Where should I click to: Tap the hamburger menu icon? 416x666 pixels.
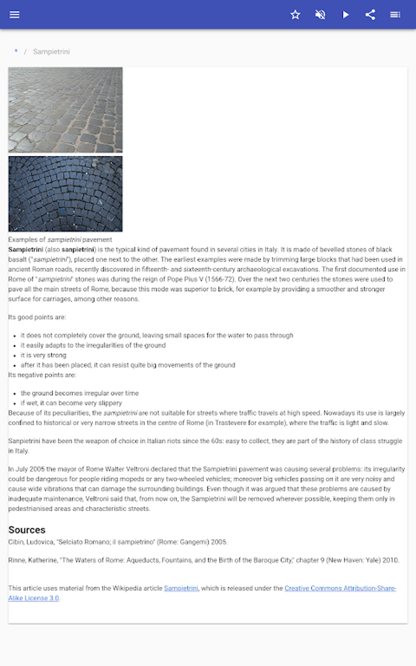pyautogui.click(x=15, y=15)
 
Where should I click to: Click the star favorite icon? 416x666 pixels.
pyautogui.click(x=295, y=15)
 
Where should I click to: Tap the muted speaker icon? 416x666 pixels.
pyautogui.click(x=320, y=15)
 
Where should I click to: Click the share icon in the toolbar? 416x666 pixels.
pyautogui.click(x=370, y=15)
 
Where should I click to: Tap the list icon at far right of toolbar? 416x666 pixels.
pyautogui.click(x=395, y=15)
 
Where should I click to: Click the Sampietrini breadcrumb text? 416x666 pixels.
pyautogui.click(x=51, y=52)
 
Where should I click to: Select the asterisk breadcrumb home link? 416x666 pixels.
pyautogui.click(x=16, y=51)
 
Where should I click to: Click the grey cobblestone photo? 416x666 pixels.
pyautogui.click(x=65, y=110)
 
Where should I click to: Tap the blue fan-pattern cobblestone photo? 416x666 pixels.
pyautogui.click(x=65, y=194)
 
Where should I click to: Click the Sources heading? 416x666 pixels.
pyautogui.click(x=27, y=530)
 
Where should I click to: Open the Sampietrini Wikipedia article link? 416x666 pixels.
pyautogui.click(x=181, y=588)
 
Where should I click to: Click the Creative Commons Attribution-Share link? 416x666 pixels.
pyautogui.click(x=340, y=588)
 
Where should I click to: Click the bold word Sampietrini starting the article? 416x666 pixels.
pyautogui.click(x=26, y=249)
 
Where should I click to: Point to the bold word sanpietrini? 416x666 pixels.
pyautogui.click(x=78, y=249)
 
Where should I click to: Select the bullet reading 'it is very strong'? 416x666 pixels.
pyautogui.click(x=44, y=355)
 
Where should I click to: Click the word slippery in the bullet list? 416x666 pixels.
pyautogui.click(x=110, y=403)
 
